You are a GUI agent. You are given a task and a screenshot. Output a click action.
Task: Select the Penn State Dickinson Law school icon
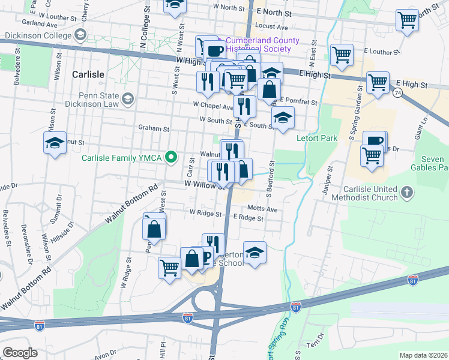(x=127, y=98)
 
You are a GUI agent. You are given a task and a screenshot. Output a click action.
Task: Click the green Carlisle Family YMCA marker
(x=171, y=158)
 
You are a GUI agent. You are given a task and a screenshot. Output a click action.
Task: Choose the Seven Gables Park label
(x=429, y=163)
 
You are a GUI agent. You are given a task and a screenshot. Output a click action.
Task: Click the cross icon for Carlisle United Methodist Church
(x=407, y=193)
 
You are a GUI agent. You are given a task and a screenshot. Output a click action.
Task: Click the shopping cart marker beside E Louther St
(x=341, y=55)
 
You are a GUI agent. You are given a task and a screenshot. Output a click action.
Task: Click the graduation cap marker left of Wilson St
(x=55, y=143)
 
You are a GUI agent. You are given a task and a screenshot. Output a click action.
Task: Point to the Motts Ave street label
(x=262, y=209)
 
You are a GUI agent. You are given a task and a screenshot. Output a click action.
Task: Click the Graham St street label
(x=154, y=128)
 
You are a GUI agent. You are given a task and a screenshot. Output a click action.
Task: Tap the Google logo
(x=20, y=353)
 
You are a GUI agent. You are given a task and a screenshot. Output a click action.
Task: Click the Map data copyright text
(x=423, y=355)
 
